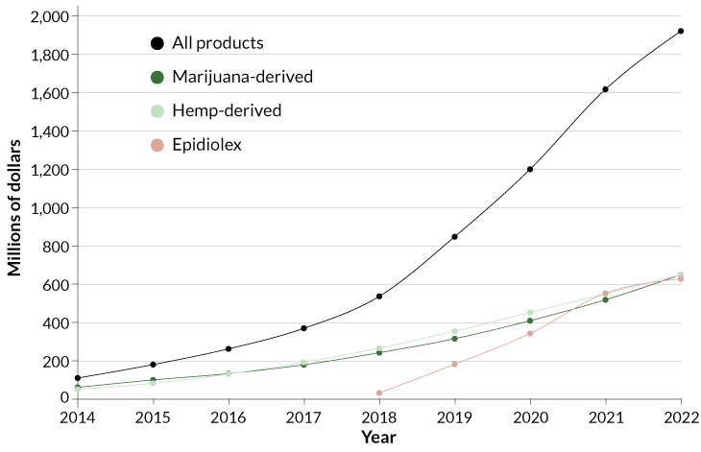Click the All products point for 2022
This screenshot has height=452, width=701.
coord(681,31)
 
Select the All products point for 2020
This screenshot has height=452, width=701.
coord(530,170)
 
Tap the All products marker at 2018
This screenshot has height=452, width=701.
coord(379,297)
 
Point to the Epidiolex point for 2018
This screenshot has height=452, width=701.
coord(379,393)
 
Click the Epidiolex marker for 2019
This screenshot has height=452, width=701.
coord(455,364)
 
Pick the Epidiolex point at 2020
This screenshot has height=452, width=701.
coord(530,333)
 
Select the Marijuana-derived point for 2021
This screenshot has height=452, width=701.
coord(606,299)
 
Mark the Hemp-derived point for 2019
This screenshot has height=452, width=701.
coord(455,331)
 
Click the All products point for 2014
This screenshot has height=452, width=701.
coord(78,378)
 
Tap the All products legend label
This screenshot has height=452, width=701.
coord(218,43)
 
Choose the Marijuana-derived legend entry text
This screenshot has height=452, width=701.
coord(242,77)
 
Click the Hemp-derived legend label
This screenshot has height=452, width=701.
coord(227,110)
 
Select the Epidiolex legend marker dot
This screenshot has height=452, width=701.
coord(157,145)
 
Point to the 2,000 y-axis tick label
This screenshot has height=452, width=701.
coord(50,17)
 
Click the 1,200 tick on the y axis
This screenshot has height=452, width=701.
coord(50,170)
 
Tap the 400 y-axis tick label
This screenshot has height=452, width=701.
coord(56,323)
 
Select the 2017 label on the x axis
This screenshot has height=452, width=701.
coord(303,416)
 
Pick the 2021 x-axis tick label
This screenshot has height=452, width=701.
coord(606,416)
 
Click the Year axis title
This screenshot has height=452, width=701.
coord(379,437)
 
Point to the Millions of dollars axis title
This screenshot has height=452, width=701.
coord(15,207)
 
